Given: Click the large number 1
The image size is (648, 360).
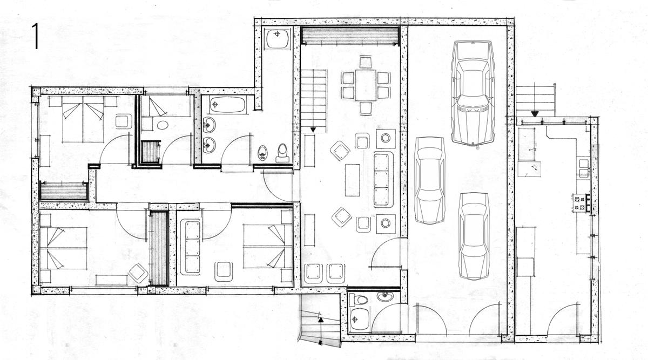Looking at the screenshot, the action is [x=36, y=37].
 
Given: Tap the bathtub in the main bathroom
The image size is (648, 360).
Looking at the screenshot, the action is [x=227, y=104].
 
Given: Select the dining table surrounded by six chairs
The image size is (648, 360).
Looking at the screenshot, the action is [x=366, y=85].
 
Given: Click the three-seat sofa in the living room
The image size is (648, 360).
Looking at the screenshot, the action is [x=383, y=179].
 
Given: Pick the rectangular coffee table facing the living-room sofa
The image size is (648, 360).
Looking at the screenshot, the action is [x=352, y=180].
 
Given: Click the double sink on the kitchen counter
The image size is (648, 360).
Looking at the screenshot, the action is [x=584, y=168].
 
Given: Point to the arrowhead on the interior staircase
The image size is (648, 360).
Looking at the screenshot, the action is [x=313, y=130].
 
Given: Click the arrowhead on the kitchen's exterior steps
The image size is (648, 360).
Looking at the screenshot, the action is [x=535, y=114].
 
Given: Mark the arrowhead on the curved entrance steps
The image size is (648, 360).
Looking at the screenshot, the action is [x=321, y=320].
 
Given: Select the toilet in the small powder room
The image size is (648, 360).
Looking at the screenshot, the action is [x=359, y=300].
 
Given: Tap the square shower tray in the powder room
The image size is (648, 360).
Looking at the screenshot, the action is [x=360, y=319].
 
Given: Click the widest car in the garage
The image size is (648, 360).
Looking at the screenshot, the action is [x=473, y=92].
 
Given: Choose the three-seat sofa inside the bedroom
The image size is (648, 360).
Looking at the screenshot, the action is [x=190, y=247].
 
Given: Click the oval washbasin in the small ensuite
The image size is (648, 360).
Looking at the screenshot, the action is [x=163, y=125].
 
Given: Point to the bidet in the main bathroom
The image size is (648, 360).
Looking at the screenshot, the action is [x=262, y=153].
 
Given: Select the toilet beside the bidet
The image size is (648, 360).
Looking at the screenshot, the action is [x=282, y=152].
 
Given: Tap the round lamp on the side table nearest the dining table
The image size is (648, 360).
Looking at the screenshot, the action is [x=386, y=138].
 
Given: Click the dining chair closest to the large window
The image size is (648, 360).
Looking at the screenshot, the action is [x=366, y=62].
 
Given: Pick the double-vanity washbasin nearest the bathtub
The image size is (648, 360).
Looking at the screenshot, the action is [x=209, y=125].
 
